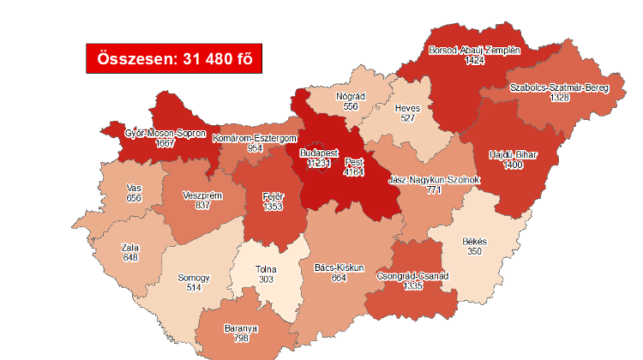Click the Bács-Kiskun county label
pyautogui.click(x=334, y=267)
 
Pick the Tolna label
pyautogui.click(x=267, y=270)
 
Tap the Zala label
pyautogui.click(x=131, y=248)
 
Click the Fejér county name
pyautogui.click(x=273, y=196)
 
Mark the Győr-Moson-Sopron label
pyautogui.click(x=165, y=134)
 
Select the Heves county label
pyautogui.click(x=406, y=109)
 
